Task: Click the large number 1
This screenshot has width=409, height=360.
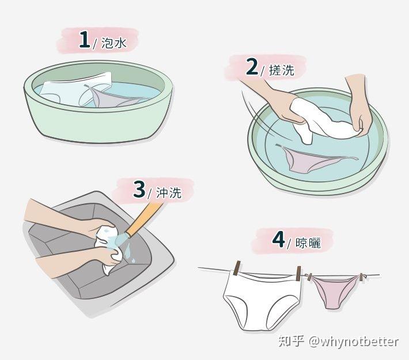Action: coord(85,39)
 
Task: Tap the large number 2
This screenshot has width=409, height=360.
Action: coord(252,66)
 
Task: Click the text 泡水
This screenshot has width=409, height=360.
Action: coord(114,43)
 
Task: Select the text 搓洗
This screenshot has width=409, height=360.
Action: coord(282,70)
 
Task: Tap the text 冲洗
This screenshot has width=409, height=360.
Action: coord(169,193)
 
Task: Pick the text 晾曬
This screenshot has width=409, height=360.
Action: coord(308,243)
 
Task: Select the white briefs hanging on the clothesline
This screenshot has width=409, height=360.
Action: coord(263,300)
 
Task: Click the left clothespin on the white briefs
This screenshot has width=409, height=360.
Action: coord(237,268)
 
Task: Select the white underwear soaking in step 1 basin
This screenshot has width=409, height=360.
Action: coord(76,89)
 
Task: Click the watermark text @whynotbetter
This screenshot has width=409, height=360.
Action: coord(354,342)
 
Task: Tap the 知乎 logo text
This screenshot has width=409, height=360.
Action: coord(291,341)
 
